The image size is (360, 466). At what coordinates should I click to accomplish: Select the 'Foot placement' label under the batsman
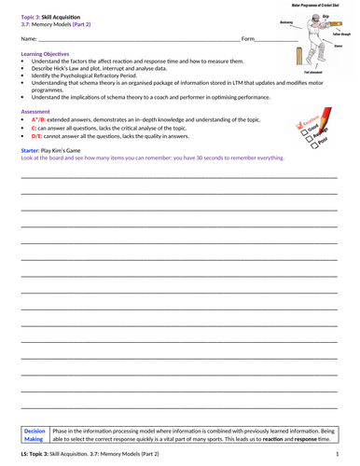[316, 73]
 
